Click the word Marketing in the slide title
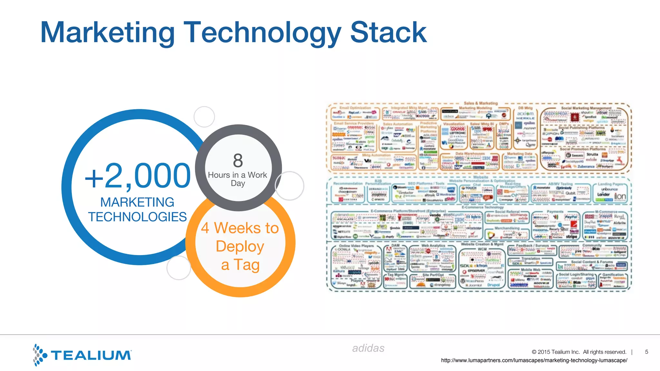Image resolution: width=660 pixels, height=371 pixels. (108, 32)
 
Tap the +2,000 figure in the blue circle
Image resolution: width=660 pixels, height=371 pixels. (138, 176)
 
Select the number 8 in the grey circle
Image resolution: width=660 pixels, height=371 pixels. (238, 160)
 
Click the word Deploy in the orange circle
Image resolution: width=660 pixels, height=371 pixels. (240, 246)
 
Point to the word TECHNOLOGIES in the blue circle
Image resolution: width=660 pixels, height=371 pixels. (137, 217)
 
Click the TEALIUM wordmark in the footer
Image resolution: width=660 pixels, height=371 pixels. (91, 355)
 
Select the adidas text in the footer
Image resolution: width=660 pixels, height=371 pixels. (368, 348)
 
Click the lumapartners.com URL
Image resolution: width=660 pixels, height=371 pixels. (534, 360)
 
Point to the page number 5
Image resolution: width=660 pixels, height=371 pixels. (646, 352)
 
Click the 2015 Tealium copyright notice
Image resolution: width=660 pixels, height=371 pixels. (579, 352)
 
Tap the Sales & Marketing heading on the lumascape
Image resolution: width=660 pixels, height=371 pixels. (480, 103)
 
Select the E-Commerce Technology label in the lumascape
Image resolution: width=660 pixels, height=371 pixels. (482, 207)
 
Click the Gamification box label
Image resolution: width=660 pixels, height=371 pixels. (613, 275)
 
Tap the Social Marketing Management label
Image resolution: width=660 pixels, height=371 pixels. (586, 108)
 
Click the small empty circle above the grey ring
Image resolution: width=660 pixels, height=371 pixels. (204, 117)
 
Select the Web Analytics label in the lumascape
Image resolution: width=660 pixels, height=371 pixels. (433, 245)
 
